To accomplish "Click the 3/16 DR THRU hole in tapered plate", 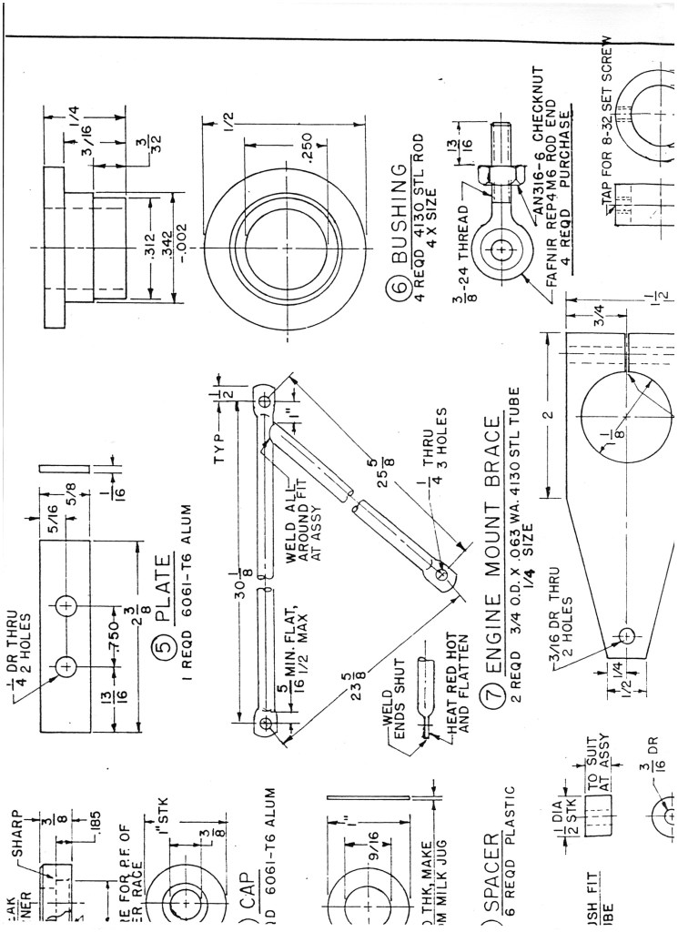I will pos(626,636).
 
